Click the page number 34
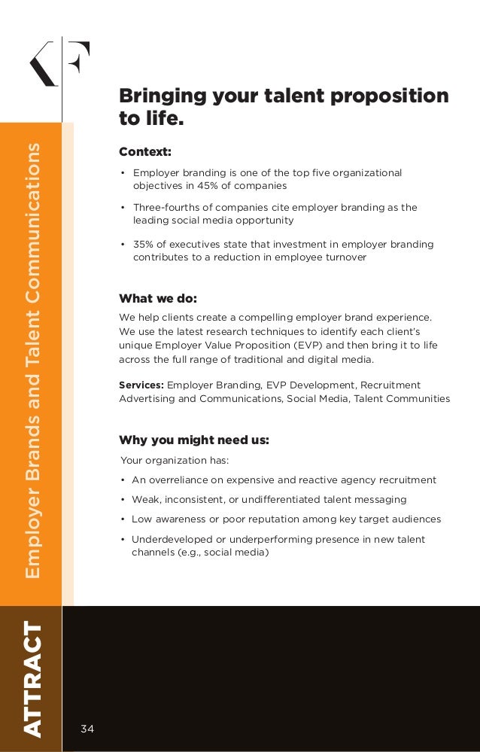coord(88,728)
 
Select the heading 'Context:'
coord(145,152)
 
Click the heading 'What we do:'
coord(158,298)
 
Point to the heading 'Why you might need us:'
coord(194,440)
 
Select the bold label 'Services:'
coord(141,385)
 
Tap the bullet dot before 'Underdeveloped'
coord(123,540)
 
